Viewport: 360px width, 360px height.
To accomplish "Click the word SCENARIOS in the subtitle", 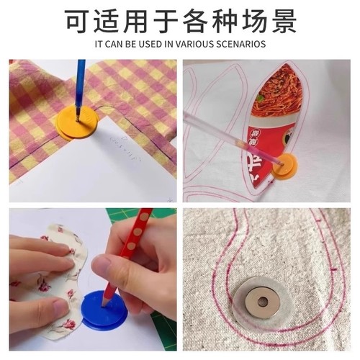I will tap(240, 44).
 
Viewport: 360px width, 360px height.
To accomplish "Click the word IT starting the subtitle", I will tap(99, 44).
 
